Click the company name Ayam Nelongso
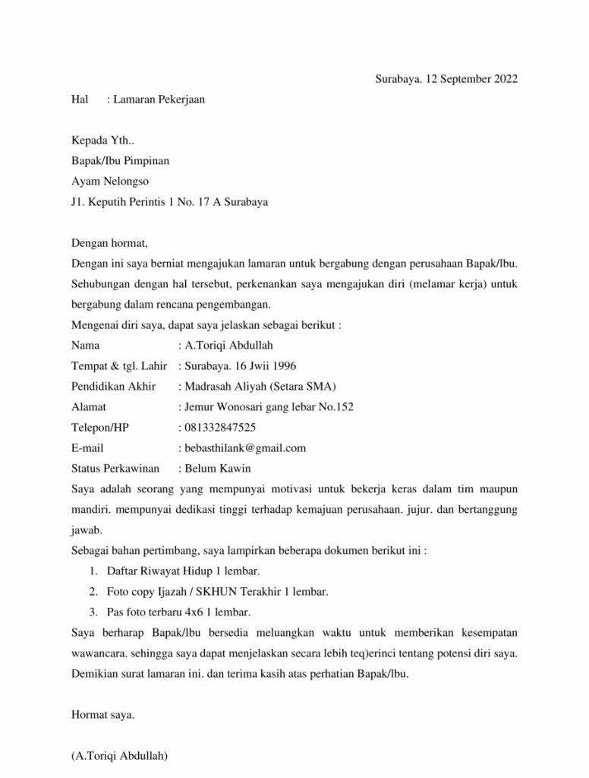coord(110,182)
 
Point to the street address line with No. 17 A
coord(169,202)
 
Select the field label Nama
coord(85,346)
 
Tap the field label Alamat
coord(89,407)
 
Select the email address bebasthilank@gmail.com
coord(245,448)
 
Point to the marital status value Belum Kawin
coord(218,469)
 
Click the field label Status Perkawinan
coord(115,469)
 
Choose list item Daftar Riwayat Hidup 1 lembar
coord(184,571)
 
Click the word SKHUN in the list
coord(213,591)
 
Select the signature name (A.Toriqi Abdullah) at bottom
coord(120,756)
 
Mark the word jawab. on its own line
coord(86,530)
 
